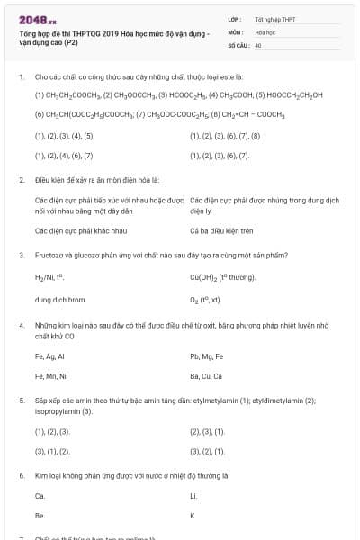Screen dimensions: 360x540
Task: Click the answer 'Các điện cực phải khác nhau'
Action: (x=73, y=230)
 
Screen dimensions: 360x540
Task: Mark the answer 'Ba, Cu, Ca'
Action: (x=206, y=375)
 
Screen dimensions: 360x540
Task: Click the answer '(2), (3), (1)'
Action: (x=207, y=431)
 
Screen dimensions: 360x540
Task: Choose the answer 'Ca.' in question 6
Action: (x=40, y=496)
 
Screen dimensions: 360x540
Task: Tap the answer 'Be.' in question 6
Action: (x=40, y=516)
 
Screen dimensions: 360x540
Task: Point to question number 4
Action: (x=21, y=323)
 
